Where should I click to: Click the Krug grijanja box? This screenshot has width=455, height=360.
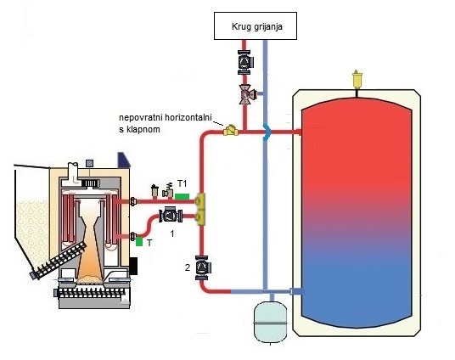coord(256,25)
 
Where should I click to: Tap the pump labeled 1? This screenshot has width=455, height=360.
coord(171,216)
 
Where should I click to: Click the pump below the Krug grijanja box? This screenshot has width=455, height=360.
coord(245,63)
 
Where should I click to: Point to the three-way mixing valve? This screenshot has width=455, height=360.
coord(247,94)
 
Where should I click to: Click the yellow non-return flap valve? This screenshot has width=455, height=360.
coord(231,131)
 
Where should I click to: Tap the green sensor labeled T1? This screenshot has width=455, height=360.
coord(183,196)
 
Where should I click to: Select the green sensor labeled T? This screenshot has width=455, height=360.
coord(139,241)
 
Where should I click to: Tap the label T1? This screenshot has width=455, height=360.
coord(182,183)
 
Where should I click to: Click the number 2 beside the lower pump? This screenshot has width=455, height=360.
coord(188,267)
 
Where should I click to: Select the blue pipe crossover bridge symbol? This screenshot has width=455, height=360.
coord(267,132)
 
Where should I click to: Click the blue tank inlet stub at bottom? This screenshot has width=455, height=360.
coord(296,291)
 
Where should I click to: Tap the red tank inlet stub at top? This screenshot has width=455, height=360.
coord(296,132)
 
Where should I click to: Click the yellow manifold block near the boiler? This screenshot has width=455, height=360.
coord(200,209)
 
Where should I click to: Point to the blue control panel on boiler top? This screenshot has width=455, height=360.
coord(123,160)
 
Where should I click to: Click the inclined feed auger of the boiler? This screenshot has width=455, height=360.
coord(59,261)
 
